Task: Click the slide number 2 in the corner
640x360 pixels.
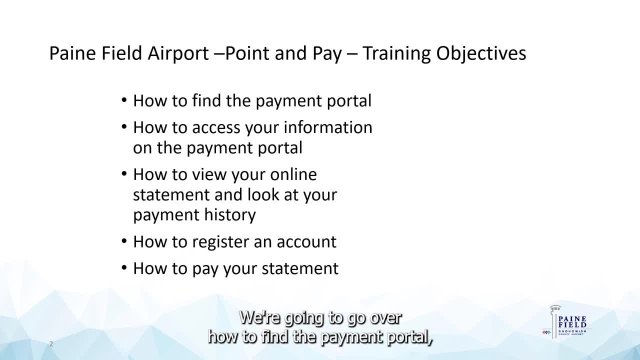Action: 51,343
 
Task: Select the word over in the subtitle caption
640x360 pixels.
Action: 382,319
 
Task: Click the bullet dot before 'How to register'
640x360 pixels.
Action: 123,242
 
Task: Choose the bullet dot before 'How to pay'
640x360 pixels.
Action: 123,269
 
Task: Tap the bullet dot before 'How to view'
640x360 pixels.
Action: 123,174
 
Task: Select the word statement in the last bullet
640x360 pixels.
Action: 302,269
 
